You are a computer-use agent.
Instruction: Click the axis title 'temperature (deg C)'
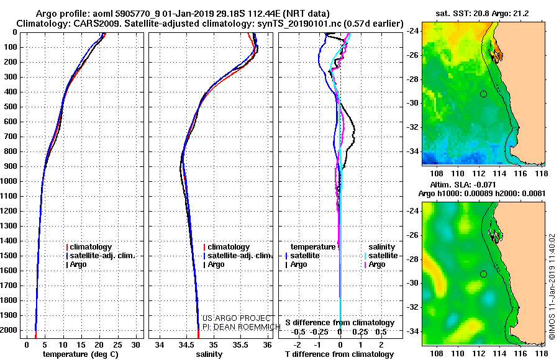tap(81, 354)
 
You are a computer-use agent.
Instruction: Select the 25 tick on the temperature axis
tap(117, 345)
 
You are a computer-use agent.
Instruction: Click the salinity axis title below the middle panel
tap(209, 354)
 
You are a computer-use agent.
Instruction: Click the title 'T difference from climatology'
tap(339, 354)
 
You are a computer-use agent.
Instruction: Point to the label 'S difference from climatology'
tap(340, 323)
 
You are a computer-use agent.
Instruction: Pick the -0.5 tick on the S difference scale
tap(298, 332)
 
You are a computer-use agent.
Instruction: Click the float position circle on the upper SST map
tap(483, 94)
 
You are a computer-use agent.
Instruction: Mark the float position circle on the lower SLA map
tap(483, 274)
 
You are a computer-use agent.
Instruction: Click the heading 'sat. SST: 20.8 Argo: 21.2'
tap(482, 14)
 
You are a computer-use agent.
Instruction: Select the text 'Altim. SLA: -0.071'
tap(463, 184)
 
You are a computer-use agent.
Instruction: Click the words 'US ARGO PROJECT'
tap(237, 318)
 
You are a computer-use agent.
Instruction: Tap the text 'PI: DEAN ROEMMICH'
tap(242, 327)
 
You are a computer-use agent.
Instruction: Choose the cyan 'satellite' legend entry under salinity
tap(381, 256)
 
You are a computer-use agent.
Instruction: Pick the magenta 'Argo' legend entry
tap(375, 264)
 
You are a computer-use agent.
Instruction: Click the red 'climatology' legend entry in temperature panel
tap(89, 247)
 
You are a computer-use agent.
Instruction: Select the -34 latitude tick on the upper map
tap(413, 151)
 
